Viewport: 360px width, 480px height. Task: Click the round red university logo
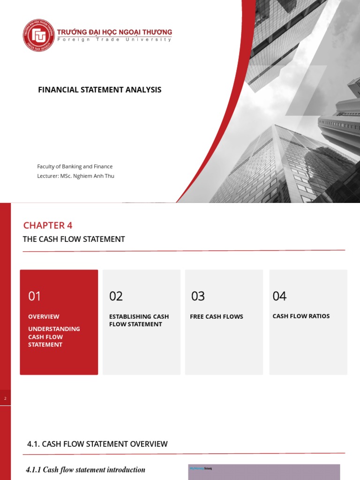click(39, 35)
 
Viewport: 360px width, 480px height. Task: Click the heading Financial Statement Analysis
click(99, 90)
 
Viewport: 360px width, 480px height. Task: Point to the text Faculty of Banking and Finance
click(75, 166)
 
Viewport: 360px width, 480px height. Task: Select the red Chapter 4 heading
click(48, 225)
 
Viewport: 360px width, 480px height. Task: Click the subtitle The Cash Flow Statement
click(74, 239)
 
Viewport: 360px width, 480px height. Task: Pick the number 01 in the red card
click(35, 296)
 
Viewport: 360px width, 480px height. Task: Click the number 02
click(116, 296)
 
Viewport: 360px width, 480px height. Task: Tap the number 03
click(198, 296)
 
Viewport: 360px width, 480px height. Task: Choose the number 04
click(279, 296)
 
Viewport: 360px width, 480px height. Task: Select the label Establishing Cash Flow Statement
click(139, 320)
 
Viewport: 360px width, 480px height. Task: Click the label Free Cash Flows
click(217, 316)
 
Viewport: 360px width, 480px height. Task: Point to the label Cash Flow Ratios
click(301, 316)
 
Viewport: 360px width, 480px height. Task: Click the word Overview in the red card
click(44, 316)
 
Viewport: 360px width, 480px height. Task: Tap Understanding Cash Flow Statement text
click(47, 337)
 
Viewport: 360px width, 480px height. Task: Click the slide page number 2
click(5, 398)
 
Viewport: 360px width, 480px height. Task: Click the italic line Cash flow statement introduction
click(85, 470)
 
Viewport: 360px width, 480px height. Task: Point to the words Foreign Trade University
click(114, 40)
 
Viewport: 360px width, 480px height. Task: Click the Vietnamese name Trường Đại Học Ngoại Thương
click(114, 32)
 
